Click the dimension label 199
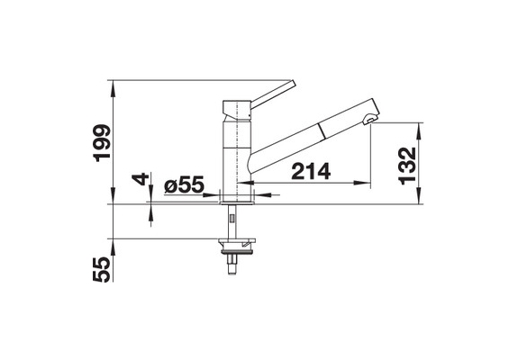[102, 143]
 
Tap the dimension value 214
[311, 171]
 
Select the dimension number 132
[407, 166]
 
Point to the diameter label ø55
[184, 184]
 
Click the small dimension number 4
[141, 179]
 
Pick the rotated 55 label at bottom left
[102, 270]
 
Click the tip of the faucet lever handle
[294, 83]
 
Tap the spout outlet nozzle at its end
[370, 120]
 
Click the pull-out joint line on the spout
[321, 130]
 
